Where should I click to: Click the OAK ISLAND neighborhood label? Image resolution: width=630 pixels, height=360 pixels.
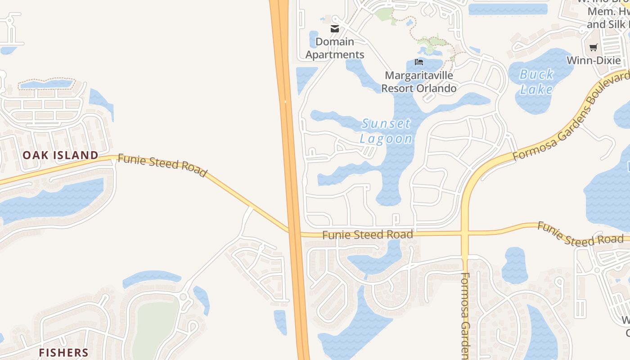pyautogui.click(x=60, y=155)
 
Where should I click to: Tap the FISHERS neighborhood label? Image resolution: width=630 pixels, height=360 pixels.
pyautogui.click(x=63, y=352)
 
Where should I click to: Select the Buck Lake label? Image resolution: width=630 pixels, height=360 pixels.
pyautogui.click(x=536, y=81)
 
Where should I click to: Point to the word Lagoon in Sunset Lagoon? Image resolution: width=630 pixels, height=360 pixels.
pyautogui.click(x=386, y=139)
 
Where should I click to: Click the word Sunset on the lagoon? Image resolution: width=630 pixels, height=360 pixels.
pyautogui.click(x=386, y=123)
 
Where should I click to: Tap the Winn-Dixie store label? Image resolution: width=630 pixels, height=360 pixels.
pyautogui.click(x=594, y=60)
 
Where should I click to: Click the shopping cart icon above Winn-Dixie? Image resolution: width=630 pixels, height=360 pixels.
pyautogui.click(x=594, y=47)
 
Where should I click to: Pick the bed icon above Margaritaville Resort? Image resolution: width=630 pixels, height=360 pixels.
pyautogui.click(x=419, y=62)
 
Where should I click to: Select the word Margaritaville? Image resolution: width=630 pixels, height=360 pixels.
pyautogui.click(x=418, y=75)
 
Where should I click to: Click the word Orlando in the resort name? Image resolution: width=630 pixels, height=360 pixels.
pyautogui.click(x=435, y=88)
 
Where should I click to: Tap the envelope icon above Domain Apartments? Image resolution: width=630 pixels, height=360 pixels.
pyautogui.click(x=334, y=29)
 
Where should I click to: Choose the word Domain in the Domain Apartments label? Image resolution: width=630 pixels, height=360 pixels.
pyautogui.click(x=334, y=42)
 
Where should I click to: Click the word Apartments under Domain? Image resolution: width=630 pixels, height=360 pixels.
pyautogui.click(x=334, y=55)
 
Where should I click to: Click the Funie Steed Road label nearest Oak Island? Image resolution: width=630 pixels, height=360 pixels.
pyautogui.click(x=162, y=165)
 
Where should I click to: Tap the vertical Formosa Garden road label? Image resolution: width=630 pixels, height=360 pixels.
pyautogui.click(x=465, y=315)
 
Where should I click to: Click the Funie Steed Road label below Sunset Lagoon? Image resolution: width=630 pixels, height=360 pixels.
pyautogui.click(x=367, y=234)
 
